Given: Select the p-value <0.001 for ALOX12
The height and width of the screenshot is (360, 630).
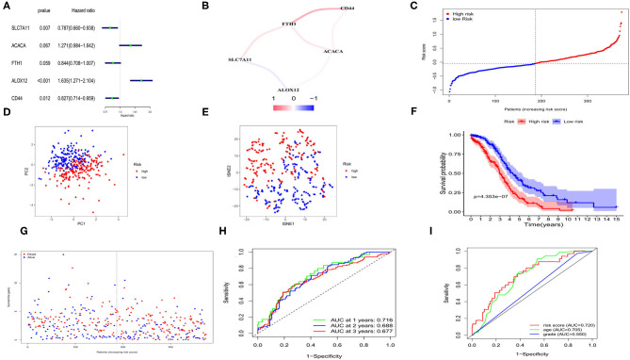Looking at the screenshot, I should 43,80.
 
